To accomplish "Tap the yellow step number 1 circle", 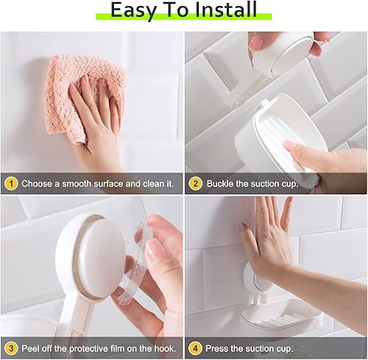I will (10, 183).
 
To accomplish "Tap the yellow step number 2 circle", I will (196, 183).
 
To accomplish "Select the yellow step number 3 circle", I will (10, 347).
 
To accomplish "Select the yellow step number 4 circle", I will (196, 347).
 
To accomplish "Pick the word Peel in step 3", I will (32, 347).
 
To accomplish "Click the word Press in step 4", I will (220, 347).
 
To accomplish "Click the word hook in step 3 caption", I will (160, 347).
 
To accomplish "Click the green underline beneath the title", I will (184, 17).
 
